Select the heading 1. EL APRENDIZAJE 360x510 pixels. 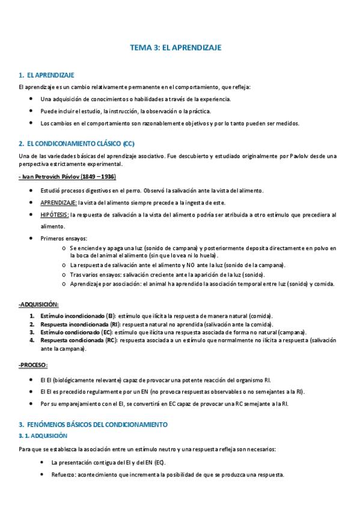(x=46, y=75)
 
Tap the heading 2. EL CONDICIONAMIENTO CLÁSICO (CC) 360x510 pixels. (x=77, y=144)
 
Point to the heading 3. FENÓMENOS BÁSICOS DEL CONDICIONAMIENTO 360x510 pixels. (x=93, y=424)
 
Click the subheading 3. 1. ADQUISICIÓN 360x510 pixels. (x=43, y=435)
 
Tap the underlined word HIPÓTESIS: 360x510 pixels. (x=54, y=214)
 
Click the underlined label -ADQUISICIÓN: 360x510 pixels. (x=38, y=304)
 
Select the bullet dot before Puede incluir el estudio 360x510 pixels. (x=31, y=111)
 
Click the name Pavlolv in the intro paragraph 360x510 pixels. (x=275, y=156)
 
